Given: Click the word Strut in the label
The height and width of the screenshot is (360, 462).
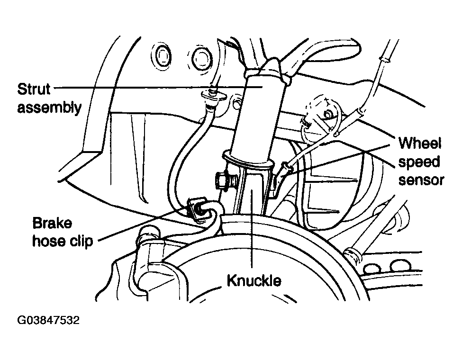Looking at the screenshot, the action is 34,89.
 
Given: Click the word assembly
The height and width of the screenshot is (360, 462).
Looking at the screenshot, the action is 49,108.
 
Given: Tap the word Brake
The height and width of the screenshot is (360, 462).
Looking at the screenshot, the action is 52,223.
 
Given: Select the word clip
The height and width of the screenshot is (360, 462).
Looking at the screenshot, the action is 82,241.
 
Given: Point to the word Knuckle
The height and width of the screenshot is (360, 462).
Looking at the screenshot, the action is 254,280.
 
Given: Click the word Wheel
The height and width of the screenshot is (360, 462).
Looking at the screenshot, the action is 419,144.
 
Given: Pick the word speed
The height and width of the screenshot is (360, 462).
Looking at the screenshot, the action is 419,162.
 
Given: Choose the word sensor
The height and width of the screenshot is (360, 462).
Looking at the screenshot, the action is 421,180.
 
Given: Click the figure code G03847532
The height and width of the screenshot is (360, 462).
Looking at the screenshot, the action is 48,320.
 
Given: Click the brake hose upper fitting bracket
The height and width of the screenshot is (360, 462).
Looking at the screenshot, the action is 214,97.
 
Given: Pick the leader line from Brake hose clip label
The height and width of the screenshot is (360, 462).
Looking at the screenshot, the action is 142,224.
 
